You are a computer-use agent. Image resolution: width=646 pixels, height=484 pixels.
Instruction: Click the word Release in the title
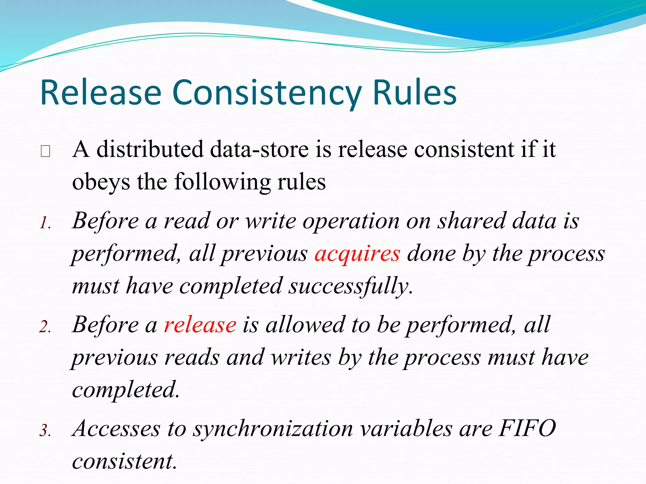[101, 93]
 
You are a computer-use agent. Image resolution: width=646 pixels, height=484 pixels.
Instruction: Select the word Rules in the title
[414, 93]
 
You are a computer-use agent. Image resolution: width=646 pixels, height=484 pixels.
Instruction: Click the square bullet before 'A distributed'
[45, 152]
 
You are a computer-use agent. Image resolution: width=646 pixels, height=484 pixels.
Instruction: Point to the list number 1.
[45, 223]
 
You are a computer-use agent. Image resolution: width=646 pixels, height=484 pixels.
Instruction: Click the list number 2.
[45, 327]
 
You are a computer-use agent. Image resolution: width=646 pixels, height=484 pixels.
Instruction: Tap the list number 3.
[45, 431]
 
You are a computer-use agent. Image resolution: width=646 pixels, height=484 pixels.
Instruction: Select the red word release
[200, 325]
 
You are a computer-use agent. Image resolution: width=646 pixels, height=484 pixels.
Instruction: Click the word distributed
[150, 149]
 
